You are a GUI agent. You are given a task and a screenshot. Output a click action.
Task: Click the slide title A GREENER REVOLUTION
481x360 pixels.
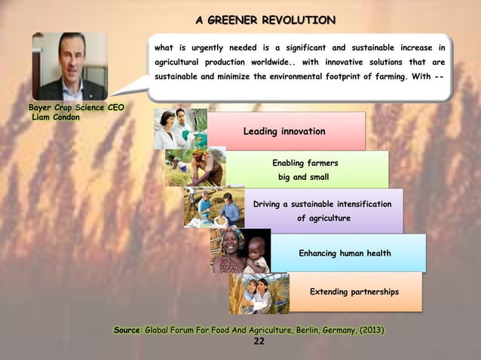[265, 19]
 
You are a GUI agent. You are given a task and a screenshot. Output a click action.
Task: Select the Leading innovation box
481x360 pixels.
[285, 132]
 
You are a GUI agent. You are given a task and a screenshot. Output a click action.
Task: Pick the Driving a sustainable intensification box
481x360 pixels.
[322, 211]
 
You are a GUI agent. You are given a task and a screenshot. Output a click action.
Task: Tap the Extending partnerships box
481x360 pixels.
[354, 291]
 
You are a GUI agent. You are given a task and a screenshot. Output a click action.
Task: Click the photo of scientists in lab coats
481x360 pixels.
[179, 129]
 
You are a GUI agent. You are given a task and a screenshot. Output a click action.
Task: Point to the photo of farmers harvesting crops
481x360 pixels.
[194, 167]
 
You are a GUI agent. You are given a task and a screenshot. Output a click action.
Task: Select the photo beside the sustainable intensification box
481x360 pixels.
[213, 208]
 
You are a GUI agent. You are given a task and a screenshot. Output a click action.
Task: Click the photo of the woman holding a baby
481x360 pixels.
[240, 251]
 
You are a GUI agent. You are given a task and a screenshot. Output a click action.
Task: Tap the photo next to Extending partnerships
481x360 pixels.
[259, 293]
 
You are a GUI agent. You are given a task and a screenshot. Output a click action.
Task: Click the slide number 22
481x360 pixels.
[259, 341]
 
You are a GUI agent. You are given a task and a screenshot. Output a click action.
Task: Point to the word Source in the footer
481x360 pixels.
[126, 330]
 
